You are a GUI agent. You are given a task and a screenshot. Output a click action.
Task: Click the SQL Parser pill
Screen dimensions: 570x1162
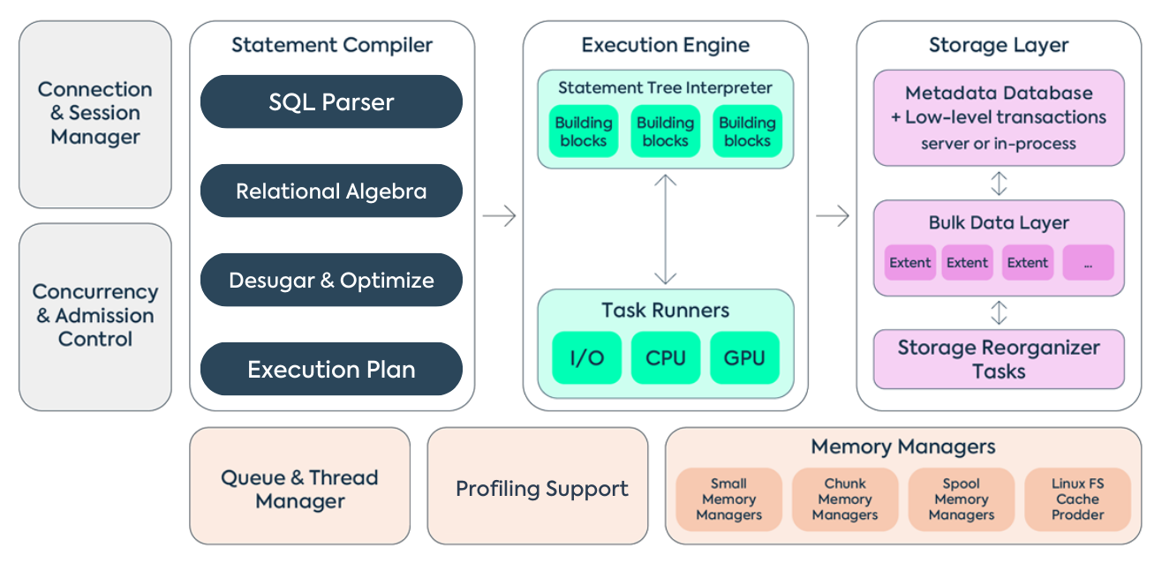(331, 102)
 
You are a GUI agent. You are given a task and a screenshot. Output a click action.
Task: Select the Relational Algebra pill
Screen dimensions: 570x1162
(331, 191)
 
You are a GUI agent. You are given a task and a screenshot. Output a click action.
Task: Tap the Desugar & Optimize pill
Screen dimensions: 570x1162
(331, 281)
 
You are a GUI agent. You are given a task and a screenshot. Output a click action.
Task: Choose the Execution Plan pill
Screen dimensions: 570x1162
(331, 369)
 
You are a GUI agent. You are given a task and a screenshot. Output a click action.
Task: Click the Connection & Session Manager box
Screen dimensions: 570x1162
(95, 114)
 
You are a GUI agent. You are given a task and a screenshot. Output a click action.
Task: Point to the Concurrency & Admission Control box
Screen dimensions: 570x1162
(95, 316)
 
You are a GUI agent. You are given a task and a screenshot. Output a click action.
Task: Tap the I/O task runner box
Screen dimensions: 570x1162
(586, 358)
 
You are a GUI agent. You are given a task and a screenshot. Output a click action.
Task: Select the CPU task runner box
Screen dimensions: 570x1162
(666, 358)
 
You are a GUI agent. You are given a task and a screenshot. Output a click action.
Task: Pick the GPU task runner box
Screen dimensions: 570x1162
(745, 358)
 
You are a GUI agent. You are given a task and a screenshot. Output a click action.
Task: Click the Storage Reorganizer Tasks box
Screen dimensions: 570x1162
(999, 359)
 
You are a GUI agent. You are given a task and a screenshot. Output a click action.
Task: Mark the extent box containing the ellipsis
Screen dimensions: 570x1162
(1088, 263)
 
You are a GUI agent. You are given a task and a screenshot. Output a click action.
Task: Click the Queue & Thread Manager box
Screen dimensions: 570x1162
(299, 490)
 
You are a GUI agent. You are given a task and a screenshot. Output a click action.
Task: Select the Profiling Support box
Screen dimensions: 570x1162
(541, 489)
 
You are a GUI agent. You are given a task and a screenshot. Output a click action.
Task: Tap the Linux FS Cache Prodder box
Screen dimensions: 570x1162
(1077, 499)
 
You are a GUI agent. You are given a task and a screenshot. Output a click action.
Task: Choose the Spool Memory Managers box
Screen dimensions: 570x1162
(962, 499)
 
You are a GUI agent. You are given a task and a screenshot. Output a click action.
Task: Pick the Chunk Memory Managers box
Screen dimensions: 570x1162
(845, 499)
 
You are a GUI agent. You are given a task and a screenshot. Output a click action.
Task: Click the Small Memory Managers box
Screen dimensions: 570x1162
(728, 499)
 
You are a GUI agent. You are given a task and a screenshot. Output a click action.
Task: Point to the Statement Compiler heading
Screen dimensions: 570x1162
(332, 45)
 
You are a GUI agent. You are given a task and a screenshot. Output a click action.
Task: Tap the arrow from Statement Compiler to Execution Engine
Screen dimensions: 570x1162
(500, 216)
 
